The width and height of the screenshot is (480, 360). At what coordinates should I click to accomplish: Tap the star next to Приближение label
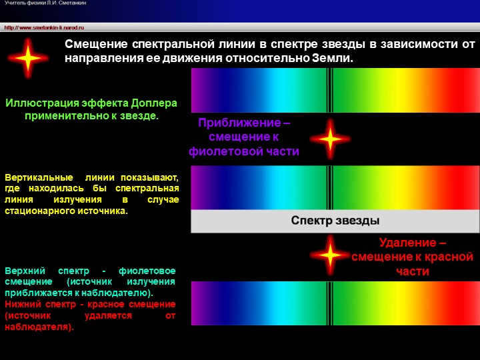coord(330,138)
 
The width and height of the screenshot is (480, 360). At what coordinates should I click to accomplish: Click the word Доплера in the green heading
coord(153,103)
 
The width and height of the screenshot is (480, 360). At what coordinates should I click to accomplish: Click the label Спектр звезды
coord(335,221)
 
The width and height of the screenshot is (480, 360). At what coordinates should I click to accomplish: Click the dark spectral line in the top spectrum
coord(328,90)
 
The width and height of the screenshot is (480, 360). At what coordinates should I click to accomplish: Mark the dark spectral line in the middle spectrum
coord(328,187)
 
